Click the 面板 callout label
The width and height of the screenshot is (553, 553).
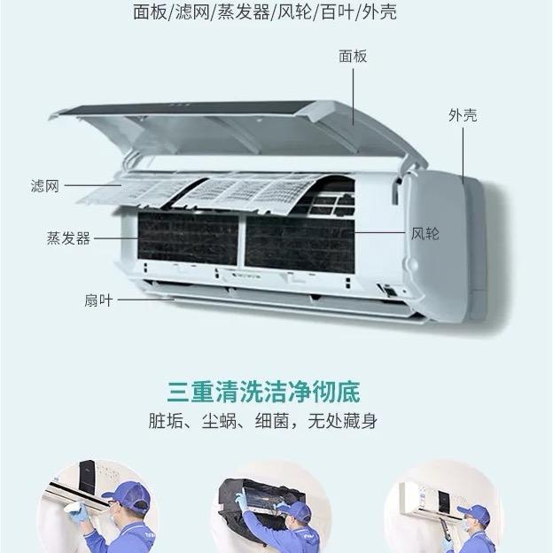353,57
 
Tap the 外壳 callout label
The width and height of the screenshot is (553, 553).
463,115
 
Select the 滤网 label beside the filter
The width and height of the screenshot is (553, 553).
45,186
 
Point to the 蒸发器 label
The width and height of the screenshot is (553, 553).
68,238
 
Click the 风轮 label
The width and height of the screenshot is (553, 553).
425,233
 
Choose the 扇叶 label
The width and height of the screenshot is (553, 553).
98,300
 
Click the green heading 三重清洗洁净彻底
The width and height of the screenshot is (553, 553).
263,392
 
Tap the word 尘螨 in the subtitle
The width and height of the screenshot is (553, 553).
219,421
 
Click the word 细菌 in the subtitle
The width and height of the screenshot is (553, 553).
272,421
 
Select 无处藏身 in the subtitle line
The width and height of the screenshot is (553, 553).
342,421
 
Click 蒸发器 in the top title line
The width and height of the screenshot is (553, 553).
243,12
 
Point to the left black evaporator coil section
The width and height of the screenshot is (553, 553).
188,236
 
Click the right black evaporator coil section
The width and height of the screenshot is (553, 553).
299,244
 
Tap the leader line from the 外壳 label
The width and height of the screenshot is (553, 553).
463,156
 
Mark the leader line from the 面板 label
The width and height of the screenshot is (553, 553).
353,97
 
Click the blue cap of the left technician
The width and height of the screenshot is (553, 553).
129,495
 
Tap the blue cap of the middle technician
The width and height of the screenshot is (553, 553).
298,510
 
